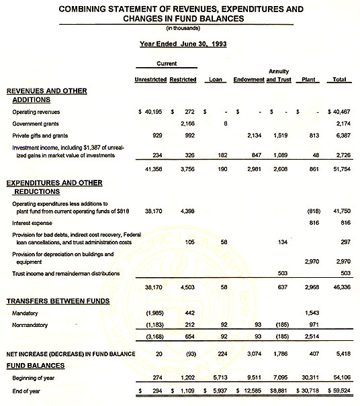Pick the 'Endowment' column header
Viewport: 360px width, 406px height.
click(x=249, y=80)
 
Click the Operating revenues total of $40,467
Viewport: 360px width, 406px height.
click(x=341, y=111)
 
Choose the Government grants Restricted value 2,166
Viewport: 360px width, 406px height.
click(x=187, y=123)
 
